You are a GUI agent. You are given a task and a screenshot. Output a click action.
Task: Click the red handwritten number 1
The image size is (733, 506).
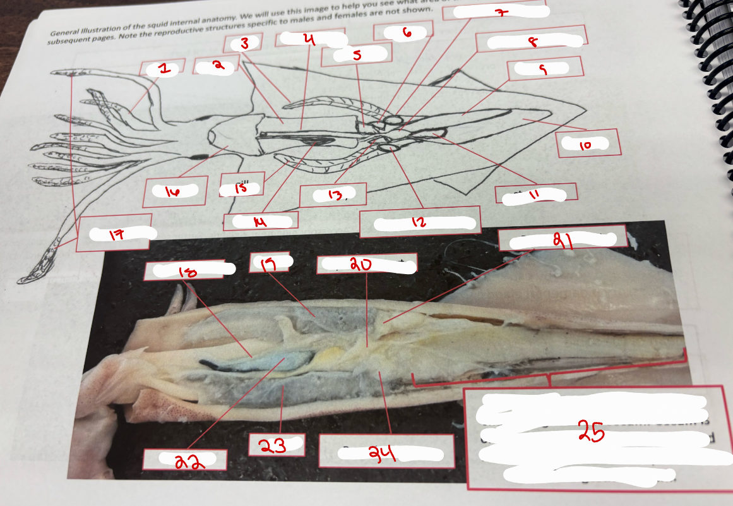tap(164, 70)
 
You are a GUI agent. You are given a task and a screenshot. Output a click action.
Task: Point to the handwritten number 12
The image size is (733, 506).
tap(419, 223)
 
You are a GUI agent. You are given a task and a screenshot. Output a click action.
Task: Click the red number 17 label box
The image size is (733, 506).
tap(116, 235)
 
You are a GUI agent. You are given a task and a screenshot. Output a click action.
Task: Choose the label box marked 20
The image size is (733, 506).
tap(367, 265)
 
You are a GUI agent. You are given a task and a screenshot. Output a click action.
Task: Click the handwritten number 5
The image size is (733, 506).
tap(357, 55)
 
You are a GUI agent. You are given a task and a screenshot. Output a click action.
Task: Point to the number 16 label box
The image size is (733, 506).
tap(172, 192)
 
